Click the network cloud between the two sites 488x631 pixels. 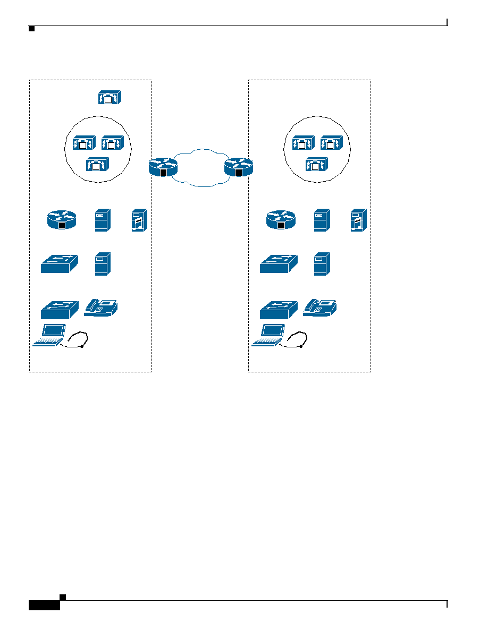tap(200, 167)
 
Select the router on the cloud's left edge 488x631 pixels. tap(163, 167)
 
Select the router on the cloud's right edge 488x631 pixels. tap(238, 167)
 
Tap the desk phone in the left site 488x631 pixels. tap(101, 308)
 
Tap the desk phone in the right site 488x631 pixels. tap(320, 308)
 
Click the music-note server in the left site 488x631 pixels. tap(139, 220)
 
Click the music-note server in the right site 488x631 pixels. tap(358, 220)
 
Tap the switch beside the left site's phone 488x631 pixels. tap(60, 309)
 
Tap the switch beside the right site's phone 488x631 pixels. tap(279, 309)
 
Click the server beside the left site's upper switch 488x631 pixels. tap(103, 264)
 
